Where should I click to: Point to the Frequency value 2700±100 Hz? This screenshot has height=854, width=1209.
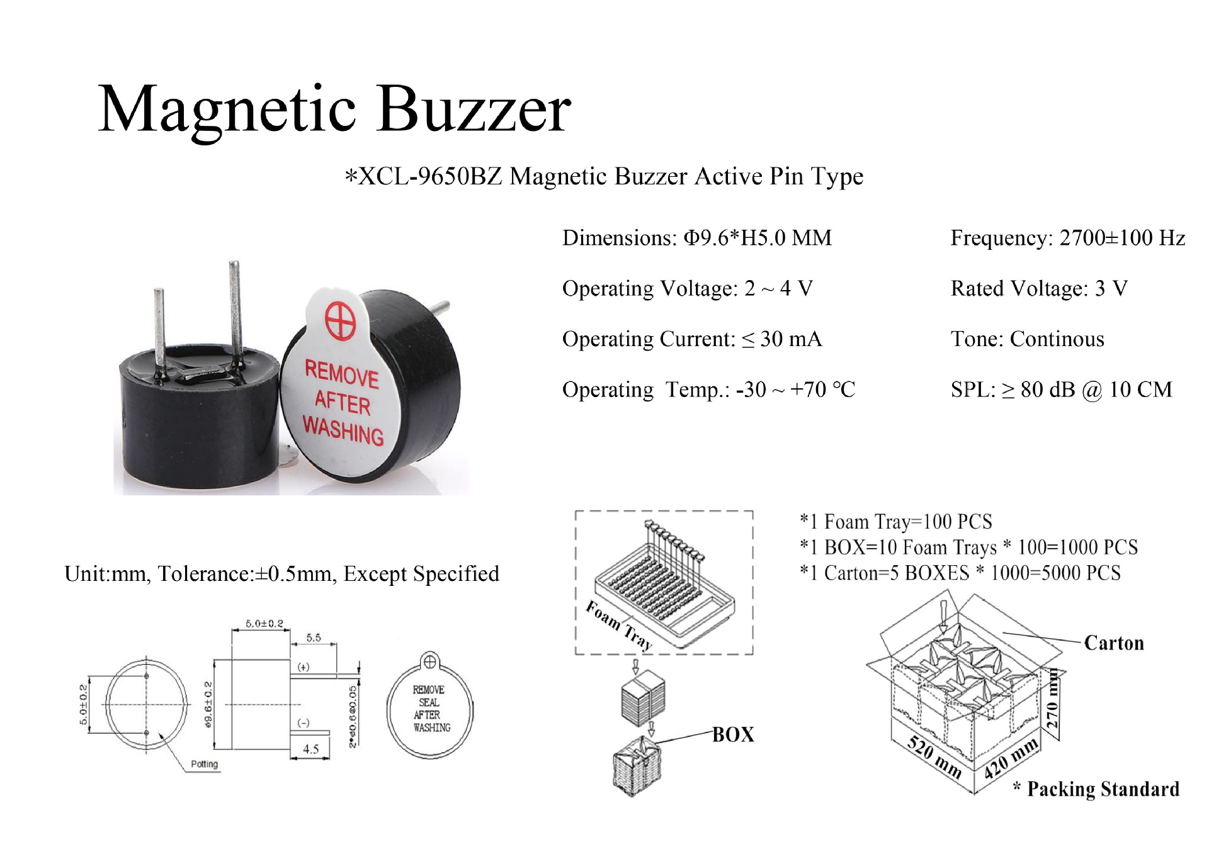click(1122, 238)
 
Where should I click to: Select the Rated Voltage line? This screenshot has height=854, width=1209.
click(1038, 288)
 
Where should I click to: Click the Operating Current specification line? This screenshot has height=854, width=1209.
click(691, 339)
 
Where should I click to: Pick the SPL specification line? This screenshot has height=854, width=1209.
click(1061, 390)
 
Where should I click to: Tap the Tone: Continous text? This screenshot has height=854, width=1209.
click(1027, 339)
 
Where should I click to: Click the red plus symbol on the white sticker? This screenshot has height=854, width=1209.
click(340, 320)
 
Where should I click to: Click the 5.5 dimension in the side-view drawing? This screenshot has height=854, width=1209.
click(314, 638)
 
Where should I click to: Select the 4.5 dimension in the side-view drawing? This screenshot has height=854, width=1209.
click(310, 749)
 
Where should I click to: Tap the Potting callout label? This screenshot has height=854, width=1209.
click(204, 764)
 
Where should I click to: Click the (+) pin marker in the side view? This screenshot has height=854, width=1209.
click(304, 667)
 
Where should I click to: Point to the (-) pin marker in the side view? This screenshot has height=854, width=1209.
click(304, 723)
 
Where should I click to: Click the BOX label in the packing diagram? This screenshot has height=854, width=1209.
click(733, 734)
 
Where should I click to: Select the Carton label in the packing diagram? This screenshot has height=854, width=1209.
click(1113, 643)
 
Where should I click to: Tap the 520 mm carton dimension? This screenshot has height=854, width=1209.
click(934, 757)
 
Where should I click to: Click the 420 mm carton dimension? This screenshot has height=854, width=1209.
click(1011, 758)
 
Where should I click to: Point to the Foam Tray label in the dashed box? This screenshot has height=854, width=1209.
click(618, 624)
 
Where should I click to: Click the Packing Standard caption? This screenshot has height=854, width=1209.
click(1103, 789)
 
